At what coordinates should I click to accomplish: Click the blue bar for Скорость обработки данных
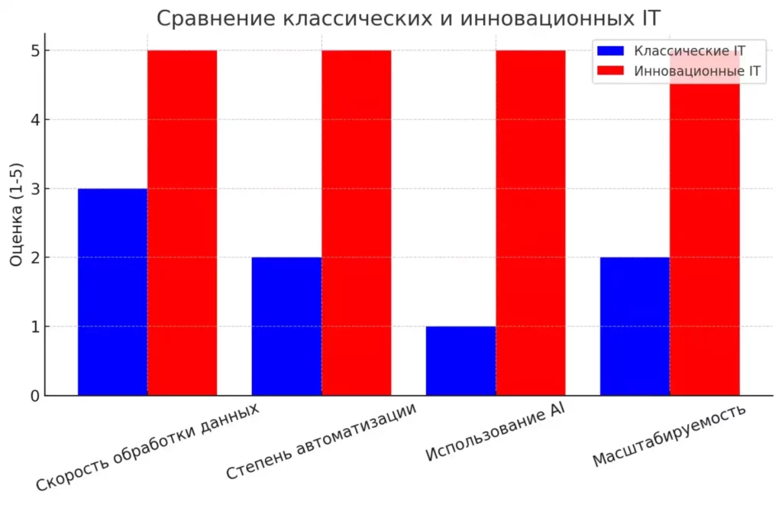click(112, 292)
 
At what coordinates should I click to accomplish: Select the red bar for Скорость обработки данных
click(182, 222)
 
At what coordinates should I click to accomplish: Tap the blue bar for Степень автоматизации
click(286, 326)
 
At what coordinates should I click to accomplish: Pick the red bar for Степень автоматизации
click(356, 222)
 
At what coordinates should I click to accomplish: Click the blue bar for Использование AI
click(460, 361)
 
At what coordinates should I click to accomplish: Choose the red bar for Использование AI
click(530, 222)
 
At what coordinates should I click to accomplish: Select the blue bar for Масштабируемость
click(635, 326)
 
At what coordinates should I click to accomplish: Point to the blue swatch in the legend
click(611, 51)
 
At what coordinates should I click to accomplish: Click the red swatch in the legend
click(611, 72)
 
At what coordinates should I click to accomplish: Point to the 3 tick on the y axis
click(35, 189)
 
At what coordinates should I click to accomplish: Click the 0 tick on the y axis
click(35, 396)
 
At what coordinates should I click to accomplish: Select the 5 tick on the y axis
click(35, 50)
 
